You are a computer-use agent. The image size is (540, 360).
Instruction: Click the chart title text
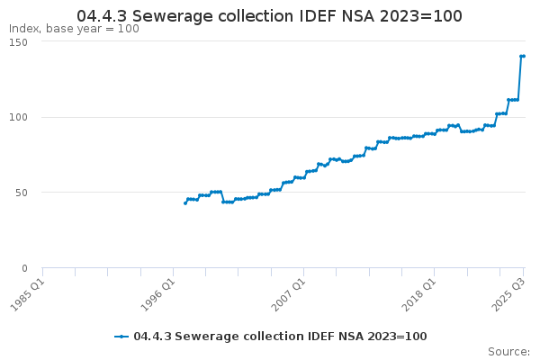pos(269,16)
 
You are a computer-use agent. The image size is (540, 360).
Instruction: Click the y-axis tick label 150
pos(19,42)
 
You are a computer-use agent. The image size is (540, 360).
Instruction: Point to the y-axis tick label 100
pos(19,117)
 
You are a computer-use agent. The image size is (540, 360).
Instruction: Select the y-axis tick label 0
pos(25,267)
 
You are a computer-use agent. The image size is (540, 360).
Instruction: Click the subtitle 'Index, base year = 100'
pos(74,29)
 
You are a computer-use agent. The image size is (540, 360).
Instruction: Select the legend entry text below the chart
pos(280,337)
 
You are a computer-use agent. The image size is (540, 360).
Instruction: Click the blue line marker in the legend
pos(122,337)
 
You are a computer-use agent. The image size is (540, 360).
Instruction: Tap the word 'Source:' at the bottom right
pos(508,352)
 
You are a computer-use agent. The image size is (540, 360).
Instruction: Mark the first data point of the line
pos(184,203)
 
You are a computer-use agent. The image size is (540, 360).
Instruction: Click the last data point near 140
pos(523,57)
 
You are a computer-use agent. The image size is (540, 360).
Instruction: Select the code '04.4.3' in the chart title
pos(103,16)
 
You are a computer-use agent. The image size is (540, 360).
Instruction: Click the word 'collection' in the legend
pos(261,337)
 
